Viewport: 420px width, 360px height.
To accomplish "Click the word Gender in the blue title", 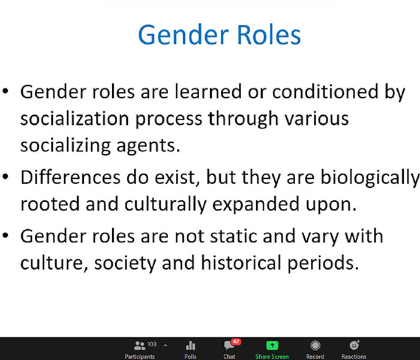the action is coord(184,35).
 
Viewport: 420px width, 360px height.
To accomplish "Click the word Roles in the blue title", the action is coord(269,35).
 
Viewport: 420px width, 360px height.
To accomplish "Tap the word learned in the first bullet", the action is coord(208,92).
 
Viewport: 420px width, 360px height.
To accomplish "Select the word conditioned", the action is coord(325,92).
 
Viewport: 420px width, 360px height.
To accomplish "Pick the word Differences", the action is coord(70,177).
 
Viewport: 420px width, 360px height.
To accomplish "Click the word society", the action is coord(125,264).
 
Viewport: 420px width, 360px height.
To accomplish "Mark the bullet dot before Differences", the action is coord(5,176).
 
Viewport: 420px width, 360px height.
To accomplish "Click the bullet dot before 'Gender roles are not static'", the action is coord(5,235).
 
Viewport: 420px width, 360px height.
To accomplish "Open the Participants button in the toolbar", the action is coord(140,349).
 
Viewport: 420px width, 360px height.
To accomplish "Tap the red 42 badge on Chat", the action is coord(236,341).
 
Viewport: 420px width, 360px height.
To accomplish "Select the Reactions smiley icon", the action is coord(354,345).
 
